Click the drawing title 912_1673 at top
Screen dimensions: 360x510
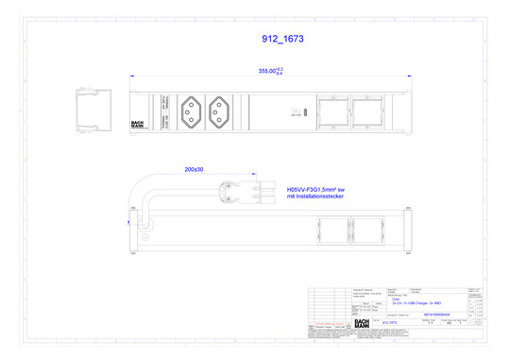coord(281,40)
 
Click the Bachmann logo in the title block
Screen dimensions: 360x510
coord(362,323)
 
